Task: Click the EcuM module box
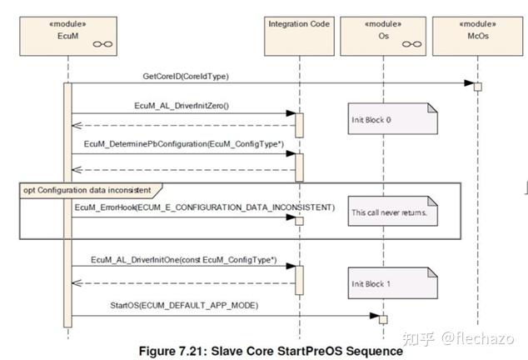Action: pos(68,36)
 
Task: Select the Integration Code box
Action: pos(299,36)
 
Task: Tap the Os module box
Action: pos(383,36)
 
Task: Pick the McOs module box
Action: pos(477,36)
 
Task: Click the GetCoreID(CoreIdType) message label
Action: pos(186,77)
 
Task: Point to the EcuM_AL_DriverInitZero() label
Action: pos(182,106)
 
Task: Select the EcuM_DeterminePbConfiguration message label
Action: pos(184,144)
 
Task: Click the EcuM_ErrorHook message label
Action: pos(205,207)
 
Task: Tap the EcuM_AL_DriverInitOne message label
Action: pos(184,260)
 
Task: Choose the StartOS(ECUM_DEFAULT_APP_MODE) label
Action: pos(184,305)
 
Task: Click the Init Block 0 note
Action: pos(392,118)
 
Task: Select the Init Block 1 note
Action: pos(392,283)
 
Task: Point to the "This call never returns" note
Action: pos(392,211)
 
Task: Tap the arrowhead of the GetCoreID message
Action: pos(469,83)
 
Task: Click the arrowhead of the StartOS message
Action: pos(375,316)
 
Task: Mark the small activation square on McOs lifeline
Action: pos(477,87)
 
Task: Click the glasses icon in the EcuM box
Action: pos(102,44)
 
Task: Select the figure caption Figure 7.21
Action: pos(271,351)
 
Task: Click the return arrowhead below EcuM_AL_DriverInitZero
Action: pos(77,125)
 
